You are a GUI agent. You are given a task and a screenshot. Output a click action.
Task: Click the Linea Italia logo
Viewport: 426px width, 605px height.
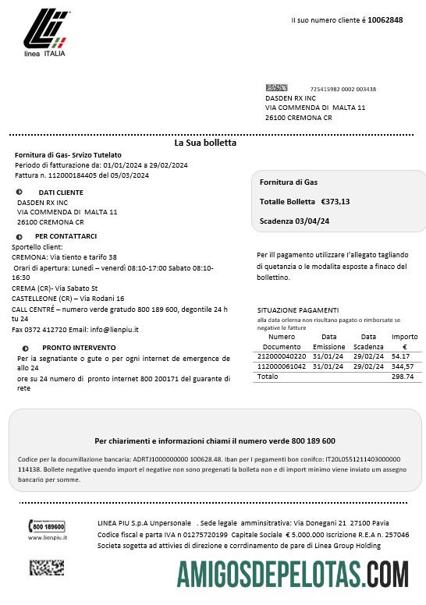[x=44, y=35]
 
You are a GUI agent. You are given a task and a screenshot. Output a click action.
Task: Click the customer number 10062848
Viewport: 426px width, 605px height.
[x=385, y=19]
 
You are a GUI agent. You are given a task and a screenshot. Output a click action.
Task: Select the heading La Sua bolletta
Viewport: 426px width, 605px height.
[x=205, y=143]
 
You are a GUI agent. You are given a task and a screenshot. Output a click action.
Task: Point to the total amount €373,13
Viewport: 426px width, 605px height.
[x=335, y=202]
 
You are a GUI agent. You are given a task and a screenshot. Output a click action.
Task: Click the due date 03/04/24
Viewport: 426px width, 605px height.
[x=308, y=221]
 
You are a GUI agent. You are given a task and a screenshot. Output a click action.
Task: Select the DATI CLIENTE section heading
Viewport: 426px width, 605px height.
[x=61, y=192]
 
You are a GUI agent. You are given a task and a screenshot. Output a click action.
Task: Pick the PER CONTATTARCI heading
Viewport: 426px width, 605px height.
[x=66, y=236]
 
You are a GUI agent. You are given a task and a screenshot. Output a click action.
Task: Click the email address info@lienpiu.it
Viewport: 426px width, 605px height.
[x=108, y=330]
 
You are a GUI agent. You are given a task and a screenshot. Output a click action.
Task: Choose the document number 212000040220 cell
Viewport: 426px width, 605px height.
[x=282, y=356]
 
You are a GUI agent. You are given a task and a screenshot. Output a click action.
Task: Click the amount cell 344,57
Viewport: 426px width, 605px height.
[x=403, y=366]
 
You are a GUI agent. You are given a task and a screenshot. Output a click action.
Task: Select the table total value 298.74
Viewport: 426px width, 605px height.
[x=403, y=377]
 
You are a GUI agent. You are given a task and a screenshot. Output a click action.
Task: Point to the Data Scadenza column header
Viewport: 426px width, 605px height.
[x=368, y=341]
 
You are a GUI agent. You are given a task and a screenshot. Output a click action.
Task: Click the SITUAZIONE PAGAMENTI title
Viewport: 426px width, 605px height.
[x=297, y=310]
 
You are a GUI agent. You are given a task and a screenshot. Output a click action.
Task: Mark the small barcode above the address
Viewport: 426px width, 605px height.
[x=276, y=88]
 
